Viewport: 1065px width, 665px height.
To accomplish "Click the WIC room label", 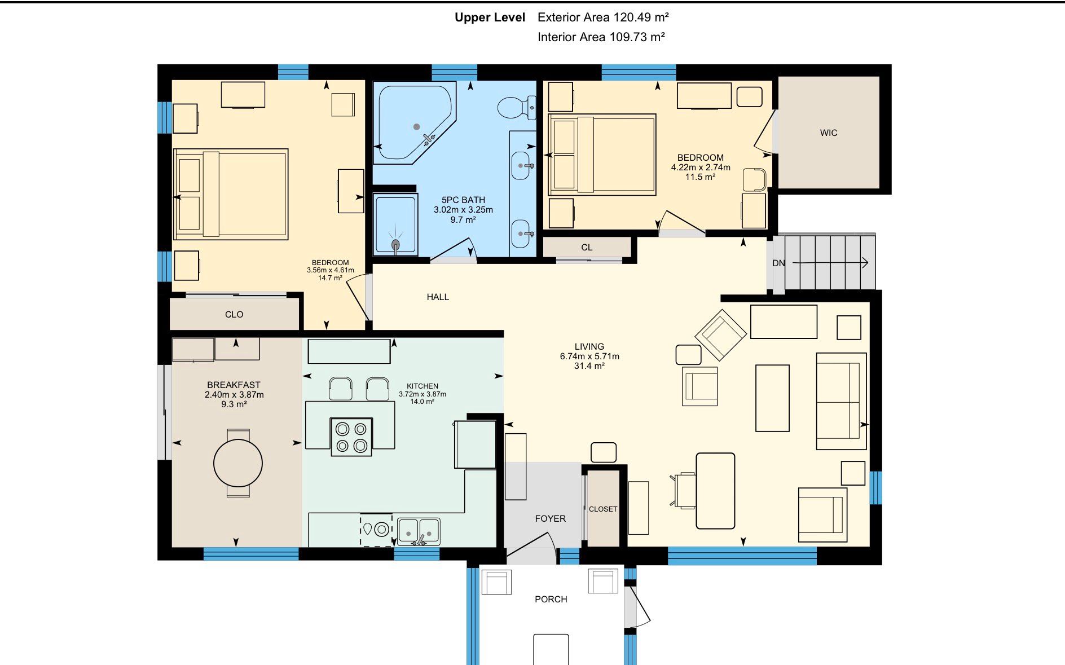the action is coord(828,133).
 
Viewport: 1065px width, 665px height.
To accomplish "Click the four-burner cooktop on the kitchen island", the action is coord(351,437).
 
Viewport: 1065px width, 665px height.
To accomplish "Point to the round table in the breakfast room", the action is coord(238,463).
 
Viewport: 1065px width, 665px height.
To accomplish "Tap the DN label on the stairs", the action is coord(778,263).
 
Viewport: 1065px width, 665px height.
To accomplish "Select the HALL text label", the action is coord(438,297).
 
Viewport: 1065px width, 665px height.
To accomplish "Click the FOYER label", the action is coord(550,519).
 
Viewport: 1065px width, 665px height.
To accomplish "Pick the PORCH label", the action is coord(551,600).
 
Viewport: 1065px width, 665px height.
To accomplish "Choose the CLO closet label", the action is coord(234,315).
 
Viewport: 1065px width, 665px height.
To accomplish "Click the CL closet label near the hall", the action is coord(587,248).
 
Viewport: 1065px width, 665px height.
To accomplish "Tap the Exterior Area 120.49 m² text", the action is coord(603,17).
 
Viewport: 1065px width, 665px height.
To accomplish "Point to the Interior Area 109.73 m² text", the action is coord(601,37).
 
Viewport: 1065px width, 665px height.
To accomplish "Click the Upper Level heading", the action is coord(490,17).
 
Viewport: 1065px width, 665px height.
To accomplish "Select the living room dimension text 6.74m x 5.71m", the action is coord(589,356).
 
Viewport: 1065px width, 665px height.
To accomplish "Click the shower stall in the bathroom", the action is coord(395,224).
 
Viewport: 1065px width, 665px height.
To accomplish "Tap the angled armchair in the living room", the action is coord(720,334).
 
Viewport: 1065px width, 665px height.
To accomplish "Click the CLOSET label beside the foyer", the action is coord(603,509).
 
